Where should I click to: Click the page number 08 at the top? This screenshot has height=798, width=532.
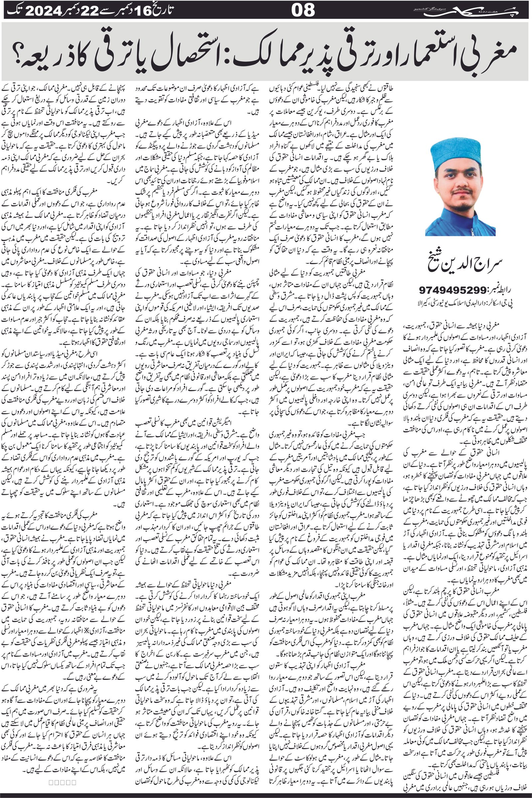tap(303, 10)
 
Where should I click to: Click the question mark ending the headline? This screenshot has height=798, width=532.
tap(16, 54)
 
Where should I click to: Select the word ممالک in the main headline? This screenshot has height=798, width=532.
tap(248, 51)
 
